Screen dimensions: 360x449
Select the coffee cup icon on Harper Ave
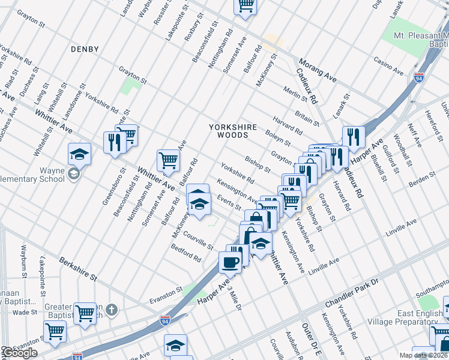coord(231,262)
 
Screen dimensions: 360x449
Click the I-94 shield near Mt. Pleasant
coord(418,77)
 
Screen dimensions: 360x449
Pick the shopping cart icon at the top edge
coord(245,5)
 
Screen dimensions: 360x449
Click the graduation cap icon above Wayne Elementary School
coord(79,155)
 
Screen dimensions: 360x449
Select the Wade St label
coord(25,312)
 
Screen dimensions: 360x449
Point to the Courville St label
coord(199,241)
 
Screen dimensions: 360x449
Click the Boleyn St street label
coord(278,138)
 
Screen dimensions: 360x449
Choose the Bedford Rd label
coord(186,253)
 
